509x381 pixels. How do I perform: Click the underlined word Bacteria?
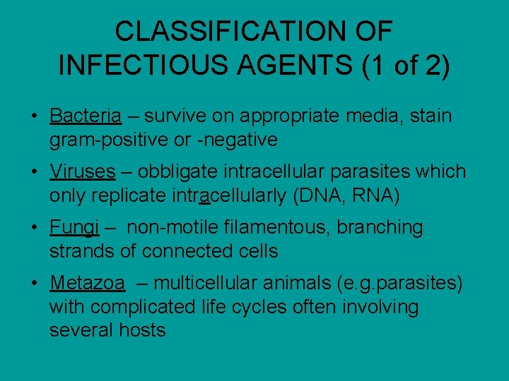pos(86,115)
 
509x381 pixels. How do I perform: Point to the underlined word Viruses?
pos(83,171)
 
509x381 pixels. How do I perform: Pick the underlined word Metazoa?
pos(88,284)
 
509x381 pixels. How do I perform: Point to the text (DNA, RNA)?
pos(346,195)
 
